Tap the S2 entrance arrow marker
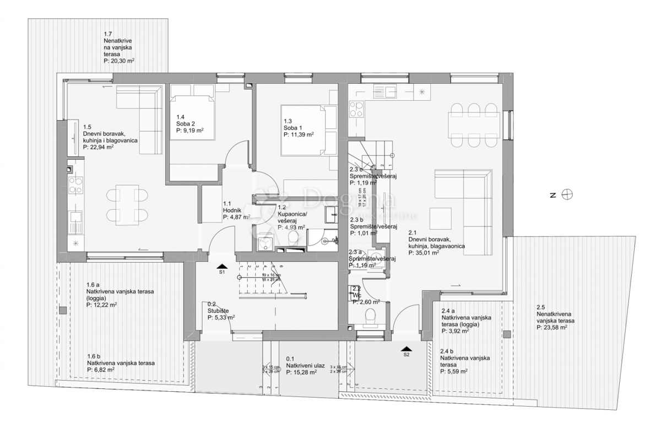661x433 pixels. click(x=406, y=349)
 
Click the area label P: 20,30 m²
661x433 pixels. click(x=119, y=62)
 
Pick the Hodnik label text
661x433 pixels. click(x=232, y=210)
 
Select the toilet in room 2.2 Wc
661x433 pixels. click(x=371, y=316)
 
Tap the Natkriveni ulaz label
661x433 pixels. click(x=302, y=365)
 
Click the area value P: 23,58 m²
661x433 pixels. click(x=552, y=327)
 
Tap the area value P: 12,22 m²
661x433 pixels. click(x=102, y=304)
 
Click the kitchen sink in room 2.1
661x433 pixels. click(x=391, y=91)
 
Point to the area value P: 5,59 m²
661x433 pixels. click(x=454, y=371)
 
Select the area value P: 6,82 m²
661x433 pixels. click(x=101, y=370)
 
